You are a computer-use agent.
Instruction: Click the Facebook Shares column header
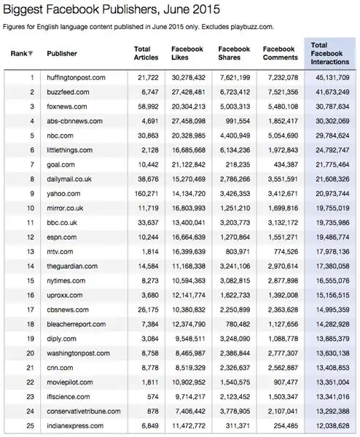coord(235,54)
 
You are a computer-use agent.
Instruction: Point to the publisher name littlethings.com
coord(70,150)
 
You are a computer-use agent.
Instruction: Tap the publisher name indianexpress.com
coord(75,425)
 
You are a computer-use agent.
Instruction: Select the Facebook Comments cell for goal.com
coord(281,165)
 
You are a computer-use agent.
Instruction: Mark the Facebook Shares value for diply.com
coord(235,339)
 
